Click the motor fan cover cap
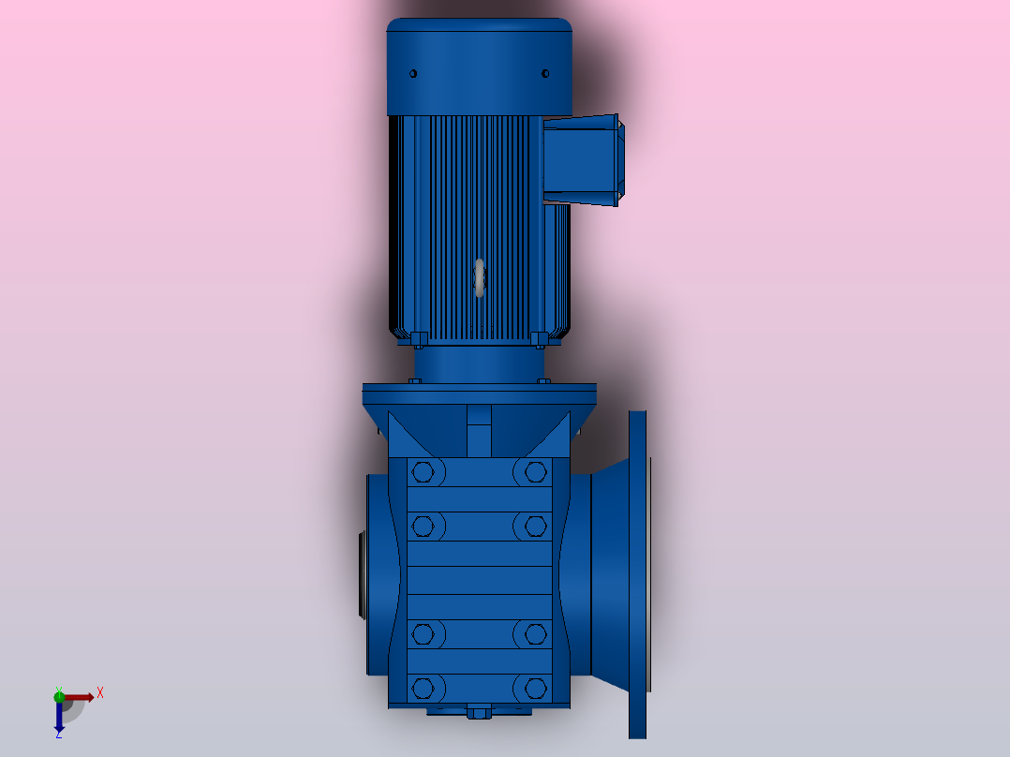[480, 67]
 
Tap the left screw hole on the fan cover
[413, 73]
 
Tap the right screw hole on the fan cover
[545, 73]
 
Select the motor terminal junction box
[584, 160]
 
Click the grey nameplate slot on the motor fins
[480, 278]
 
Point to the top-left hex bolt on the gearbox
[423, 472]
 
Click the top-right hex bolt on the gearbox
[535, 472]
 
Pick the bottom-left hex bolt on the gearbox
[423, 688]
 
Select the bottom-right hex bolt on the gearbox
[535, 688]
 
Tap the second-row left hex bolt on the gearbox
[423, 527]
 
